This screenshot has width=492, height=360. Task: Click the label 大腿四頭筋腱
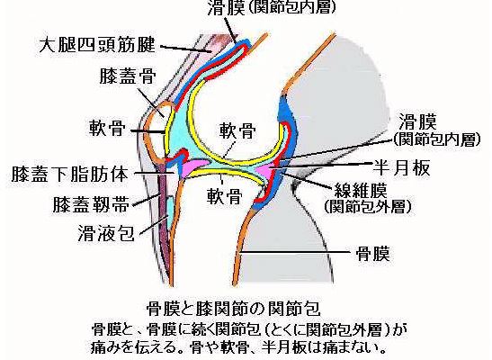[97, 45]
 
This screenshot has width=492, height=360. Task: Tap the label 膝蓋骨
[128, 76]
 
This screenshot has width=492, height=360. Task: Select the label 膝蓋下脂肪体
[70, 174]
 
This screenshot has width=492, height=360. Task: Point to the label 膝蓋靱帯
[91, 204]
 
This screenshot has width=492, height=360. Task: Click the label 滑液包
[106, 233]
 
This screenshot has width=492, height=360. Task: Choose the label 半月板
[401, 167]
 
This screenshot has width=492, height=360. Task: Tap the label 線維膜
[360, 190]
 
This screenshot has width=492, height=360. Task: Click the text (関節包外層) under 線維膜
[368, 206]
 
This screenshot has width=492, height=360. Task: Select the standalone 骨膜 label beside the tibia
[373, 253]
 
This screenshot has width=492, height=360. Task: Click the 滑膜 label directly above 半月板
[417, 121]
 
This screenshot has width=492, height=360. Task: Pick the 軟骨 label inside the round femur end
[237, 130]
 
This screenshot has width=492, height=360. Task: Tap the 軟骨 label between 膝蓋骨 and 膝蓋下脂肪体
[107, 128]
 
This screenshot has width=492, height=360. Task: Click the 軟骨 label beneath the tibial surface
[224, 196]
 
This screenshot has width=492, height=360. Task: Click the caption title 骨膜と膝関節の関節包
[234, 308]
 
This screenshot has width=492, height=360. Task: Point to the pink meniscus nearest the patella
[195, 166]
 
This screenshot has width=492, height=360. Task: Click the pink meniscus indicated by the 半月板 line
[266, 170]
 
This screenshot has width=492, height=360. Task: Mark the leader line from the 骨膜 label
[295, 252]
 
